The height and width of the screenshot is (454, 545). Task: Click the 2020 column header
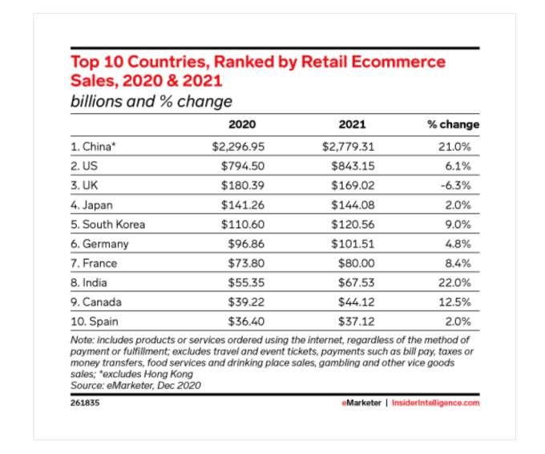242,124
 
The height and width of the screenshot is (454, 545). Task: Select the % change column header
454,124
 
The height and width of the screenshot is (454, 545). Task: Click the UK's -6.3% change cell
464,186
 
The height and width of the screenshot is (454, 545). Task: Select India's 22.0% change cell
462,282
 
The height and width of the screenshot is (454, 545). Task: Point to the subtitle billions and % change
151,101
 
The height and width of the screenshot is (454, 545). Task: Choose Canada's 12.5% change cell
462,302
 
